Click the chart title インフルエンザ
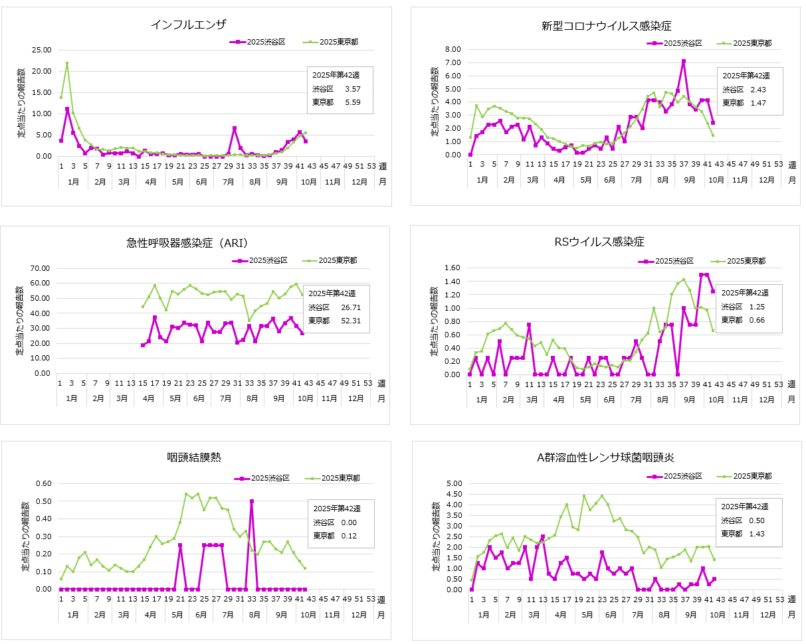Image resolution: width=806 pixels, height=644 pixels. (x=189, y=25)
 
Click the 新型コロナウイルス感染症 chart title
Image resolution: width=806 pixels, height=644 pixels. (x=607, y=26)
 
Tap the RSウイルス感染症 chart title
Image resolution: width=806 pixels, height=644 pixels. (x=599, y=242)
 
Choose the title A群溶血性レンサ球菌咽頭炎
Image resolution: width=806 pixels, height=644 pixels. (x=607, y=457)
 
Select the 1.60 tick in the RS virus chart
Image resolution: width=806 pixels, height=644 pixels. (x=453, y=268)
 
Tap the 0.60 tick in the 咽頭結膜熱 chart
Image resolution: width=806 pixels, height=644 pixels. (x=41, y=483)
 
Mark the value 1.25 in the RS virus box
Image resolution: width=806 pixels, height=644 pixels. (x=757, y=307)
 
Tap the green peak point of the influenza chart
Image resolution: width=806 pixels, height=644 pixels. (x=67, y=64)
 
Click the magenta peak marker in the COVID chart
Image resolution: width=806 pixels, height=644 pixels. (x=683, y=62)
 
